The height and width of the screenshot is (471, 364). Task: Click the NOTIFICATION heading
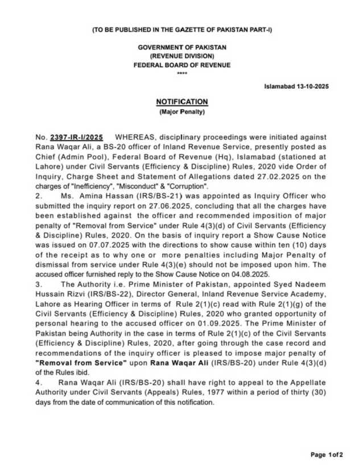[x=182, y=102]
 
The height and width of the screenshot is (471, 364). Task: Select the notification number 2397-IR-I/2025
[x=77, y=137]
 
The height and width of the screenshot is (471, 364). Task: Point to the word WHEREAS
[x=136, y=137]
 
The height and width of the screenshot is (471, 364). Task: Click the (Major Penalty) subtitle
[x=182, y=112]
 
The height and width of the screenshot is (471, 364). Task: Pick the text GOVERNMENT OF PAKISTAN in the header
[x=182, y=47]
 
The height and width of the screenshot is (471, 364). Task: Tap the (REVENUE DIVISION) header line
[x=182, y=56]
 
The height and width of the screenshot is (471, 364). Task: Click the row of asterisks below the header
[x=182, y=73]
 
